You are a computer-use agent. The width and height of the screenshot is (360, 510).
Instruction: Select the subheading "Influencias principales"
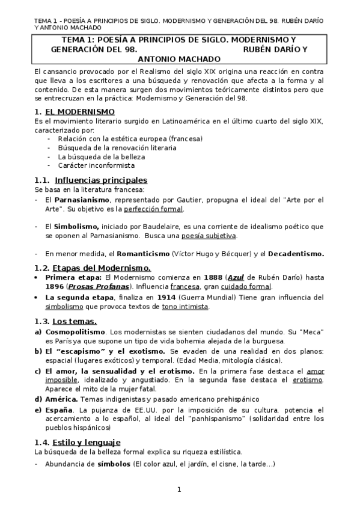coord(100,180)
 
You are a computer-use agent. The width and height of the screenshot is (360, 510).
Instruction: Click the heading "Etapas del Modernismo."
coord(102,268)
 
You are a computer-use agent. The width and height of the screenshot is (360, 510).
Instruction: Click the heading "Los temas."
coord(75,321)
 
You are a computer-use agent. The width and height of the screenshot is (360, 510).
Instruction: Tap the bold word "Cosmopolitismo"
coord(75,332)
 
